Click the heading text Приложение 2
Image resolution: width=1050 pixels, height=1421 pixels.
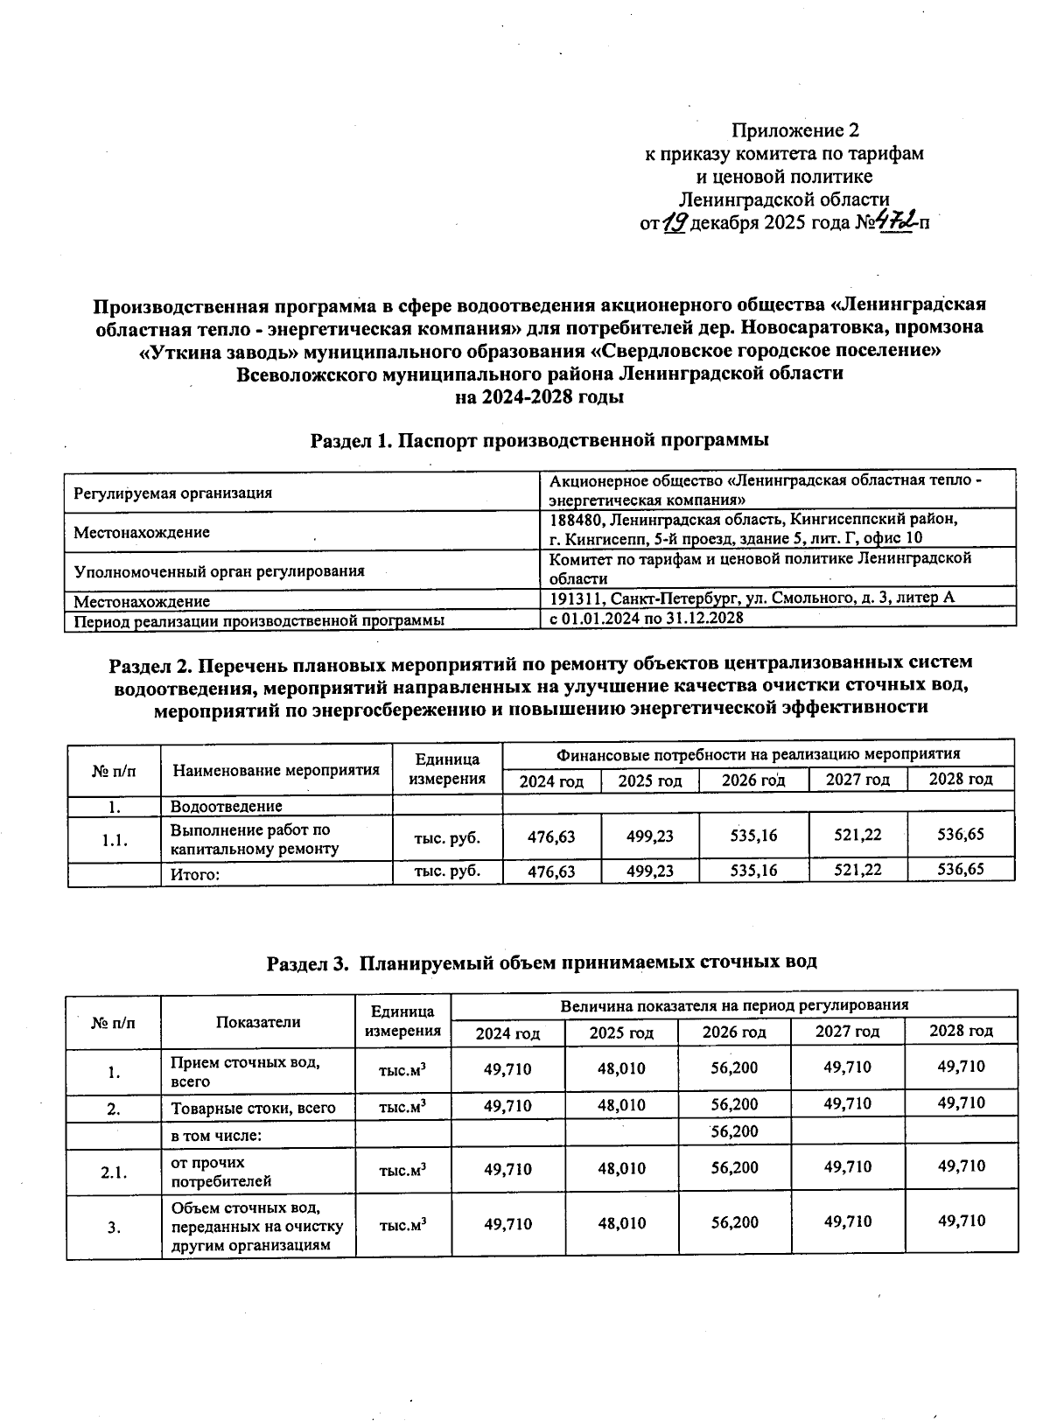(x=794, y=131)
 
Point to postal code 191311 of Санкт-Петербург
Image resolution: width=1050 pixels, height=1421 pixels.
(x=572, y=598)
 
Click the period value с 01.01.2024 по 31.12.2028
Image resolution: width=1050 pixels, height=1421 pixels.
(x=646, y=618)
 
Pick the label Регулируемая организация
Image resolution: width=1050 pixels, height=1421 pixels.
(x=172, y=493)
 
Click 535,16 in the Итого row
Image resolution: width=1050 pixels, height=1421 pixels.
(x=753, y=870)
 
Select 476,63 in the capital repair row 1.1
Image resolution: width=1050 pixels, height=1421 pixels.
(x=551, y=836)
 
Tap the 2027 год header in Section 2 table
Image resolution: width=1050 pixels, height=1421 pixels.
(x=858, y=780)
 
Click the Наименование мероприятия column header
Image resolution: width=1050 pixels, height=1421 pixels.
(x=276, y=770)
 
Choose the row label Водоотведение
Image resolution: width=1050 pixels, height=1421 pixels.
(x=226, y=806)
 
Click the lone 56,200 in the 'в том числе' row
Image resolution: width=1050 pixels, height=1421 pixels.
(x=734, y=1131)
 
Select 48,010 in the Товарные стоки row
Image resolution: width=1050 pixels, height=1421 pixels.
(x=621, y=1105)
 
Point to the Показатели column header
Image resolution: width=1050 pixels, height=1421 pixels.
(x=258, y=1021)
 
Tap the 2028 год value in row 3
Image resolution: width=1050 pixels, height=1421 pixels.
(x=961, y=1221)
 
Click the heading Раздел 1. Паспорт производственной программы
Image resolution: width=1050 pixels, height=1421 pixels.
(x=540, y=440)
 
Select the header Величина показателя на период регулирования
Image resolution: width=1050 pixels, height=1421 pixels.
(x=734, y=1004)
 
